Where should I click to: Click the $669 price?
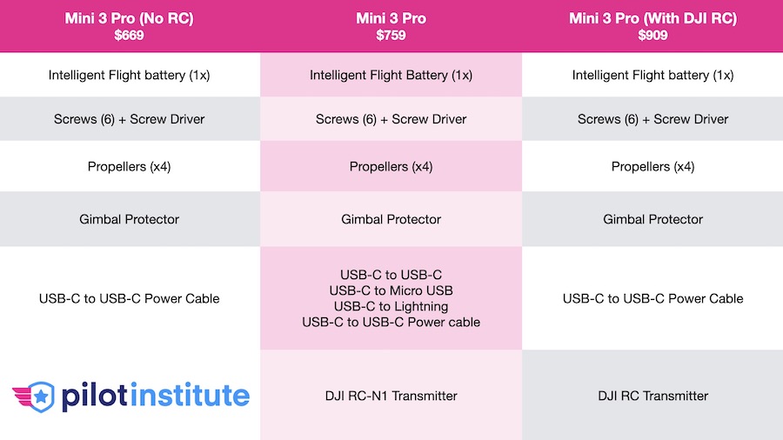pyautogui.click(x=129, y=36)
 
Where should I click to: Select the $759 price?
pyautogui.click(x=391, y=36)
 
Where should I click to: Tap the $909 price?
pyautogui.click(x=652, y=36)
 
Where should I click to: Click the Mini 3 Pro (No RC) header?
pyautogui.click(x=129, y=18)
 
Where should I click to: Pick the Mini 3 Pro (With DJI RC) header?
pyautogui.click(x=652, y=18)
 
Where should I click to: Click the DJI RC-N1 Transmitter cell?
pyautogui.click(x=391, y=396)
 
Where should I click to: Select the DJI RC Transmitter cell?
pyautogui.click(x=652, y=396)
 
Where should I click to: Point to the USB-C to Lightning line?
pyautogui.click(x=391, y=306)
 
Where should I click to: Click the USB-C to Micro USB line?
pyautogui.click(x=391, y=290)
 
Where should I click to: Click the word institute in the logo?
pyautogui.click(x=191, y=396)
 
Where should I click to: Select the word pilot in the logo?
pyautogui.click(x=94, y=397)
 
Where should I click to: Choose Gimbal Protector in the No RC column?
pyautogui.click(x=129, y=219)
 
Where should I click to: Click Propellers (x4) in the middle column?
pyautogui.click(x=391, y=167)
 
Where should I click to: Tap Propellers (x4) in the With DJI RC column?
pyautogui.click(x=652, y=167)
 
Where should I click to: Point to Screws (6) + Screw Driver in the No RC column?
pyautogui.click(x=129, y=119)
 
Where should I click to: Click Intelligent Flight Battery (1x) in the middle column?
pyautogui.click(x=391, y=76)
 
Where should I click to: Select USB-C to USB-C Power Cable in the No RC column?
pyautogui.click(x=129, y=298)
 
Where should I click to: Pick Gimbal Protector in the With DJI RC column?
pyautogui.click(x=652, y=219)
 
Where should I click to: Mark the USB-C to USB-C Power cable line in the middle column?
pyautogui.click(x=391, y=323)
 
